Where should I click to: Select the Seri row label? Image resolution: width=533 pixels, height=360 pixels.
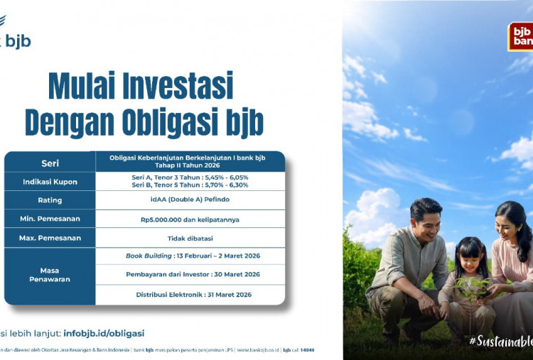tap(50, 161)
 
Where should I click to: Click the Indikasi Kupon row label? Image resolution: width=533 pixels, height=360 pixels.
tap(50, 181)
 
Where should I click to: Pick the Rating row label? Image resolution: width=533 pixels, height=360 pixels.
tap(50, 200)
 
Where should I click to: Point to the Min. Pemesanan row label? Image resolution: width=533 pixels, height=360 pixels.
tap(50, 219)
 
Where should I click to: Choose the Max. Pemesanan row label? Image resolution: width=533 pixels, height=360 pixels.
tap(50, 238)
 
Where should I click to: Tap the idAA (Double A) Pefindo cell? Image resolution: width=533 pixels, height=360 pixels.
tap(190, 200)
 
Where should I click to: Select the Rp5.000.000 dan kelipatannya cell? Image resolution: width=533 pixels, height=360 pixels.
tap(190, 219)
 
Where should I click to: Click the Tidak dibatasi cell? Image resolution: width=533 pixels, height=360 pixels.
tap(190, 238)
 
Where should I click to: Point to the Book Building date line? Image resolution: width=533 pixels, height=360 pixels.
tap(190, 256)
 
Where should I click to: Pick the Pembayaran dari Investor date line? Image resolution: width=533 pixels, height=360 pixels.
tap(190, 274)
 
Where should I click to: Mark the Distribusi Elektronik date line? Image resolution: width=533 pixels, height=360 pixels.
tap(190, 295)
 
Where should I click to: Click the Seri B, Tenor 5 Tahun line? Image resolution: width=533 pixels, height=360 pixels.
tap(190, 185)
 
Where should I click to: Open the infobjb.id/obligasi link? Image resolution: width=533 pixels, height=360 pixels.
tap(103, 332)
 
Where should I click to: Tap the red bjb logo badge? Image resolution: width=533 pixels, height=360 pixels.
tap(521, 36)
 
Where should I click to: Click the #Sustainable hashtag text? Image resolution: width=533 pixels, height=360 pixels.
tap(500, 342)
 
